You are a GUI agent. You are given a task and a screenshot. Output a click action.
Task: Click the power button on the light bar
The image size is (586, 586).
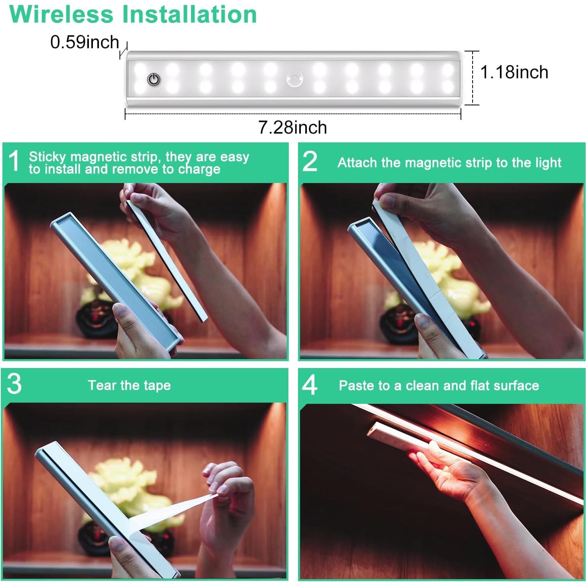click(154, 80)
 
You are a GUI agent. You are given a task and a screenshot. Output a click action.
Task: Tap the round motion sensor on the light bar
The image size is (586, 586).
click(295, 80)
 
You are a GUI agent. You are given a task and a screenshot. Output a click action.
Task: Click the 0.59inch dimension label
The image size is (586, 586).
click(84, 42)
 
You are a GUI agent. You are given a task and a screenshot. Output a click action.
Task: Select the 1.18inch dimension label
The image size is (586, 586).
click(514, 72)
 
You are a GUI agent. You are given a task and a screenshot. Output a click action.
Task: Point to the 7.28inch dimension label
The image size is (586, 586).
click(292, 127)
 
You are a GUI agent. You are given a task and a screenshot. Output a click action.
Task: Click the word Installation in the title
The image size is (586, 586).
click(189, 14)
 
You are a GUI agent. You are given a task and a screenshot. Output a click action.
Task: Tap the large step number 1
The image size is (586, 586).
click(14, 161)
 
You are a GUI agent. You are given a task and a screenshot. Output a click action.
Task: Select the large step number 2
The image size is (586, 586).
click(310, 161)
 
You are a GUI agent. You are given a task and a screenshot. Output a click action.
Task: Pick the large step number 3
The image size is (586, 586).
click(14, 384)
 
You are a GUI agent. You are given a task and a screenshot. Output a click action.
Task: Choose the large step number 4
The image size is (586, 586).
click(310, 385)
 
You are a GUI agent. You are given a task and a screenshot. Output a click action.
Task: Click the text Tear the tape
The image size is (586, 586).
click(130, 385)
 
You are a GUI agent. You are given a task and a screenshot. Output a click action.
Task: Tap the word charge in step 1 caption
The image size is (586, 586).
click(199, 169)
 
